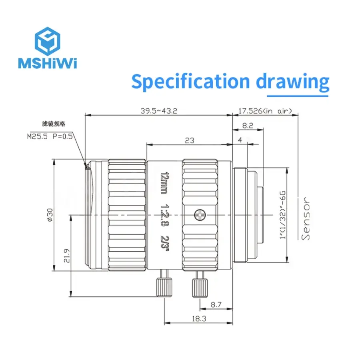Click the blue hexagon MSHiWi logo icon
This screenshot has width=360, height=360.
tap(48, 41)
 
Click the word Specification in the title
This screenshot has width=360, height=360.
tap(190, 82)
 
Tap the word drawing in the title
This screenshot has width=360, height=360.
tap(292, 82)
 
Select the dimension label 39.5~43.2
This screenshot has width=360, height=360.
tap(159, 111)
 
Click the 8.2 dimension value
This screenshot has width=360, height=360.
tap(248, 126)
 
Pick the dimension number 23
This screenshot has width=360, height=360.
tap(190, 140)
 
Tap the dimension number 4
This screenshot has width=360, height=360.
tap(240, 140)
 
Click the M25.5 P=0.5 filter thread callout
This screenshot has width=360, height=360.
tap(50, 136)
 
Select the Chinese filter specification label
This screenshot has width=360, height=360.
tap(54, 124)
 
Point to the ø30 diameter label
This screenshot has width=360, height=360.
tap(50, 215)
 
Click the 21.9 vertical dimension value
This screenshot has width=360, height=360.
tap(66, 256)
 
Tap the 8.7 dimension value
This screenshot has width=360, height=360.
tap(216, 305)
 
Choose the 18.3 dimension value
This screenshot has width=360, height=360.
tap(199, 319)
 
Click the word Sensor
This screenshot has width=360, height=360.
tap(306, 218)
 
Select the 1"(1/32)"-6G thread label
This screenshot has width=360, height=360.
tap(283, 215)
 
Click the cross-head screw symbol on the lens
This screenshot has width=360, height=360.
tap(200, 215)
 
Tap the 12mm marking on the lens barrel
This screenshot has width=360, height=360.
tap(165, 183)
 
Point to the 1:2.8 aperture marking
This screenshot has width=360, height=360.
tap(164, 215)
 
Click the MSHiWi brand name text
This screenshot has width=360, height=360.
tap(48, 63)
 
